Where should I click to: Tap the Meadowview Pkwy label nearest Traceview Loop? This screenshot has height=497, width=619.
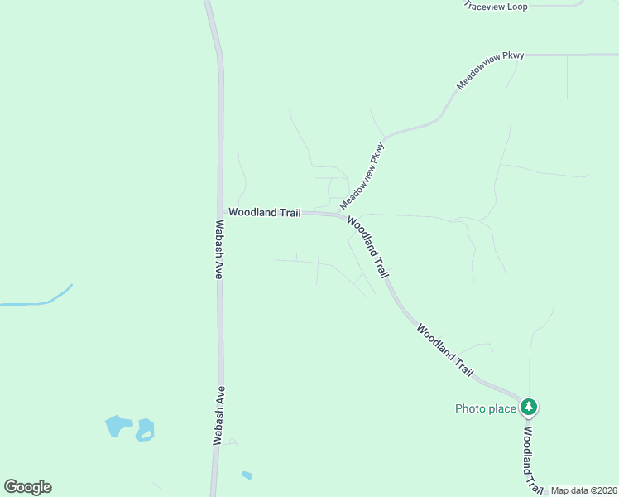pyautogui.click(x=491, y=71)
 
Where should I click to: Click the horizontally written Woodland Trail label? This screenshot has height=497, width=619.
pyautogui.click(x=265, y=213)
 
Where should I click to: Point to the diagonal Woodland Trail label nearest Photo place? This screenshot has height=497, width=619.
pyautogui.click(x=445, y=351)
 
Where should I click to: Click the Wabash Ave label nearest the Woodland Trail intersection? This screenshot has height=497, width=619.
pyautogui.click(x=218, y=248)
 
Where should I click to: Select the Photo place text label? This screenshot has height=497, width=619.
pyautogui.click(x=486, y=408)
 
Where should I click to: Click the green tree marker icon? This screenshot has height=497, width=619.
pyautogui.click(x=530, y=407)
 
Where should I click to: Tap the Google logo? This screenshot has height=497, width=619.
pyautogui.click(x=27, y=487)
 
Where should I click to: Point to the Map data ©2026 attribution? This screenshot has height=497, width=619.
pyautogui.click(x=583, y=490)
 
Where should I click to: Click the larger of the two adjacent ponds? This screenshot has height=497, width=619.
pyautogui.click(x=118, y=426)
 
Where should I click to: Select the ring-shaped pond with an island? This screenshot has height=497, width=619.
pyautogui.click(x=146, y=430)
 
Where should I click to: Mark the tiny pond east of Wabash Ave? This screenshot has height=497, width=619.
pyautogui.click(x=247, y=475)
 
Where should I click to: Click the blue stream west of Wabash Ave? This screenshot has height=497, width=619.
pyautogui.click(x=41, y=300)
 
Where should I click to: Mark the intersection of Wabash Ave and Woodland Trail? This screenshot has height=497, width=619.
pyautogui.click(x=221, y=213)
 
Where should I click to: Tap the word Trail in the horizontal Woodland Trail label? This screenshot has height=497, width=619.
pyautogui.click(x=288, y=213)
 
